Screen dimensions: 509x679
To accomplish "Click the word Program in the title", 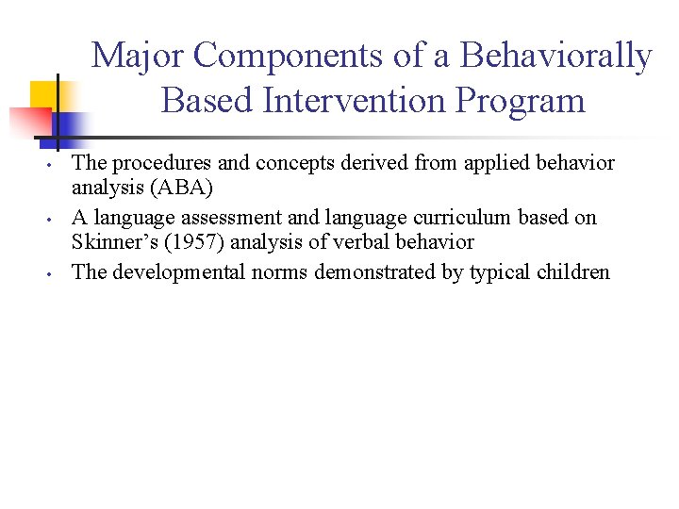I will point(523,100).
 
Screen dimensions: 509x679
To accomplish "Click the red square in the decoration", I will point(28,122).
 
